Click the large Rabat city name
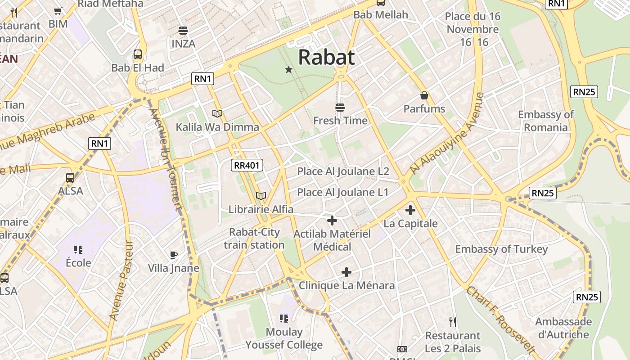coord(326,57)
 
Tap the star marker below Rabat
coord(288,70)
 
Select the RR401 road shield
coord(247,165)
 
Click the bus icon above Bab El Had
coord(138,55)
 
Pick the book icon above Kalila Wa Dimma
coord(217,114)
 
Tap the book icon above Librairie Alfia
coord(261,196)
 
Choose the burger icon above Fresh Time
coord(340,108)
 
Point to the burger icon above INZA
coord(183,31)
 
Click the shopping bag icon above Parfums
coord(424,95)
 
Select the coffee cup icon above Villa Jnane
coord(174,255)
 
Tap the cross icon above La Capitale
coord(410,210)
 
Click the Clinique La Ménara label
coord(346,285)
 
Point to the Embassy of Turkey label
coord(501,249)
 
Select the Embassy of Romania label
coord(546,121)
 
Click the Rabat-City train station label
coord(254,238)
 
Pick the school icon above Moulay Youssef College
coord(283,319)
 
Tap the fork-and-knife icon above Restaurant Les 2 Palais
coord(453,322)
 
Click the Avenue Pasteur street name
coord(122,281)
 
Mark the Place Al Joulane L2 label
coord(343,171)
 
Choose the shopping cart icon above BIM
coord(58,11)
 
